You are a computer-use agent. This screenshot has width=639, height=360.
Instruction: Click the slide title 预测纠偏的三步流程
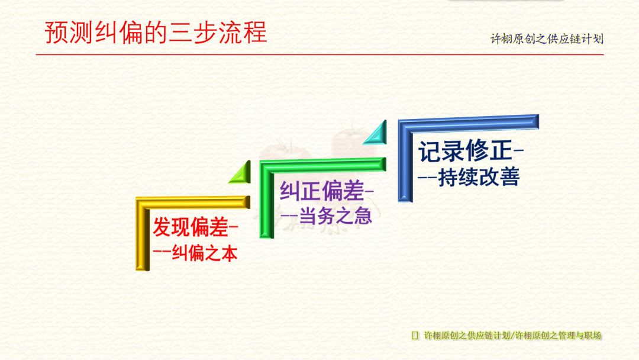pos(156,32)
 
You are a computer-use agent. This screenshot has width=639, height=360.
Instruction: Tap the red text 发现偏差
pos(191,227)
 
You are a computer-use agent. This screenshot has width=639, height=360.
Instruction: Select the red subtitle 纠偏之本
pos(205,253)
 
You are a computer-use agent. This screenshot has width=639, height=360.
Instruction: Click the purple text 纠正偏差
pos(321,191)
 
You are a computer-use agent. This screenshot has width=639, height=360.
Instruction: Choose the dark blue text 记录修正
pos(465,150)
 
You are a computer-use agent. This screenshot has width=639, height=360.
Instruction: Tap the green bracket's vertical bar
pos(267,200)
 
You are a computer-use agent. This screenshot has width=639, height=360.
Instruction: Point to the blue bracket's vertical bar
pos(405,162)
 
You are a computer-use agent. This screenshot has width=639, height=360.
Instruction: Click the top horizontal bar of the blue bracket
pos(469,123)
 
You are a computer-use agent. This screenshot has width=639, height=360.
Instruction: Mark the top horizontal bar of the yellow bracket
pos(193,202)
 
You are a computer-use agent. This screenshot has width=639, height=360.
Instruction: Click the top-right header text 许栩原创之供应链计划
pos(547,39)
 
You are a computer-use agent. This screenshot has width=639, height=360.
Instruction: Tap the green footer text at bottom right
pos(512,336)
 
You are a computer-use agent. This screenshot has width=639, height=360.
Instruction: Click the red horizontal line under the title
pos(319,54)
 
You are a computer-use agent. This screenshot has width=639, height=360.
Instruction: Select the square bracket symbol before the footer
pos(414,336)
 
